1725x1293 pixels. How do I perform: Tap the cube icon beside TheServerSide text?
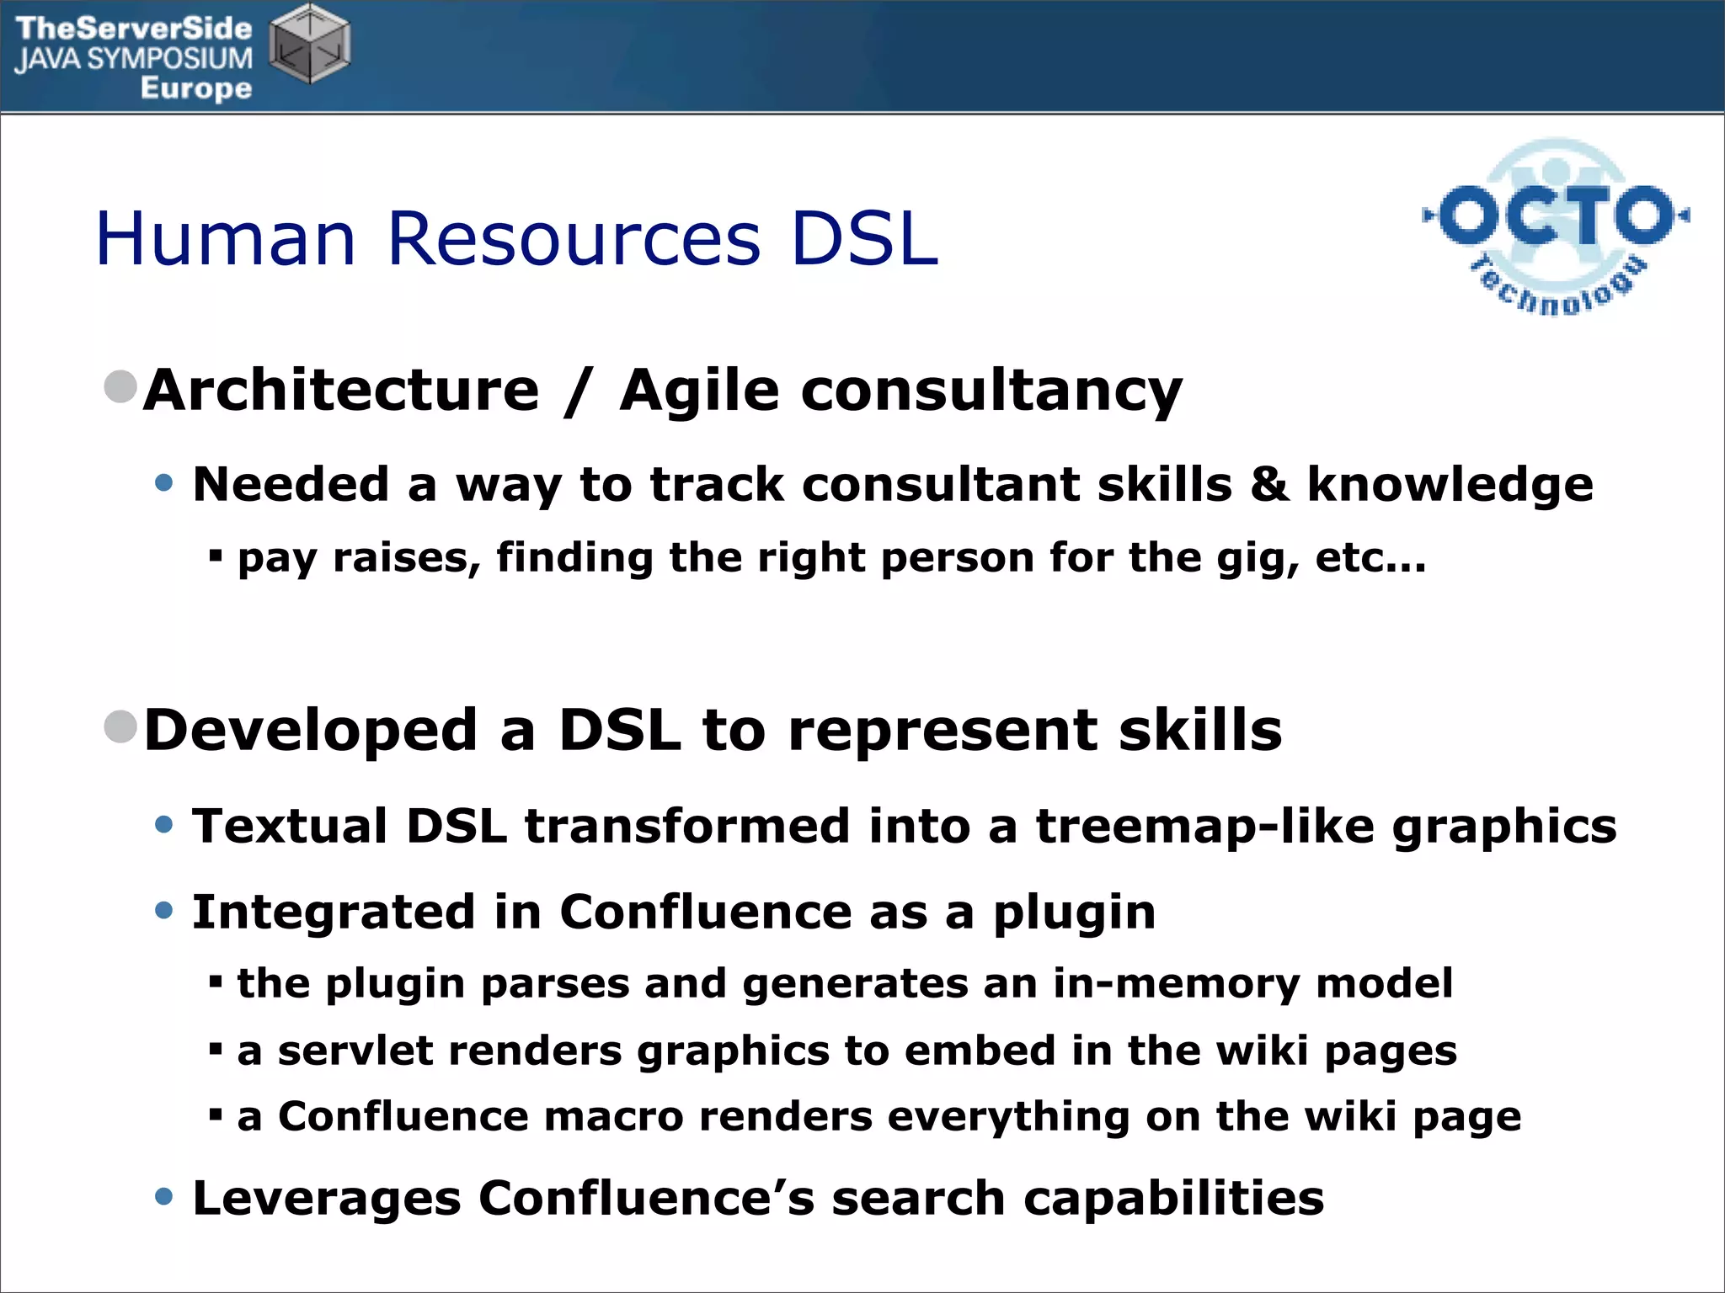(x=310, y=44)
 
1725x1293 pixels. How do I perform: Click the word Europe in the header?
(x=196, y=88)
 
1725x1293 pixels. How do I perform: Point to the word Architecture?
(x=341, y=391)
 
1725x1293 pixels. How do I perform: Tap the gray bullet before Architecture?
(x=120, y=386)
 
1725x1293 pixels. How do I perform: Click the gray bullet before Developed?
(x=120, y=726)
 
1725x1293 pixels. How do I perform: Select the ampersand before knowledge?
(x=1268, y=485)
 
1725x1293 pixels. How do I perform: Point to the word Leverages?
(x=327, y=1199)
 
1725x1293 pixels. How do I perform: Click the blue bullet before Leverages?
(x=164, y=1196)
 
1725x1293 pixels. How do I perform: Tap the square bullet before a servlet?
(x=216, y=1049)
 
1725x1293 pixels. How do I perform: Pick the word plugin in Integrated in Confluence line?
(x=1074, y=913)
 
